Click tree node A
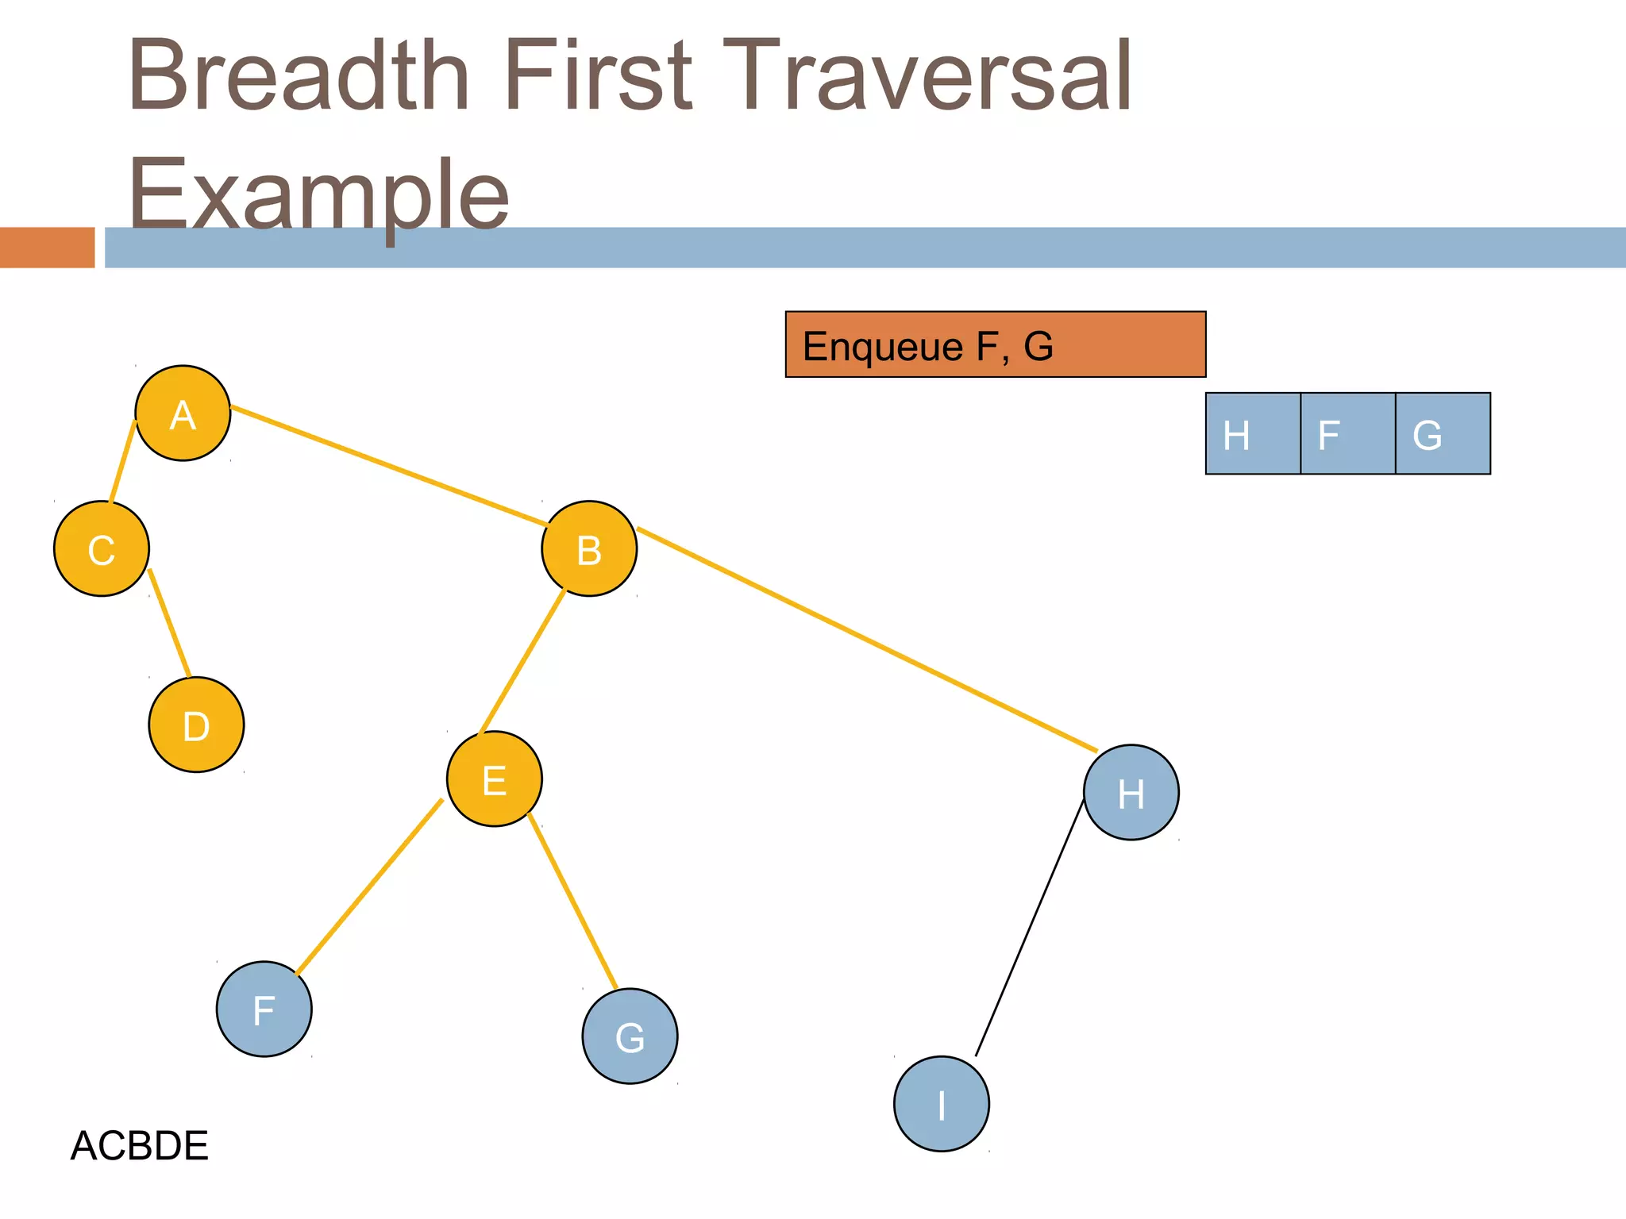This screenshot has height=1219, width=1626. point(183,413)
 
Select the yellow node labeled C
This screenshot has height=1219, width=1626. point(102,548)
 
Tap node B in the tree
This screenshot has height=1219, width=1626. point(589,548)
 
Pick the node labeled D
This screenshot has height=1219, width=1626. point(196,725)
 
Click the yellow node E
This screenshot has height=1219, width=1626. point(495,779)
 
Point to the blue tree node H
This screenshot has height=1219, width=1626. point(1131,792)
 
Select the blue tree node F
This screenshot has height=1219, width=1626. point(264,1009)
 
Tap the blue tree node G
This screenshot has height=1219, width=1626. point(630,1036)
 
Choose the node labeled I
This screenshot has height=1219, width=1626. point(942,1103)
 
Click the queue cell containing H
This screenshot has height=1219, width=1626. point(1253,433)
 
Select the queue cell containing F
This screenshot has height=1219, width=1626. point(1347,433)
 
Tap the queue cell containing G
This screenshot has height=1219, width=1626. point(1443,433)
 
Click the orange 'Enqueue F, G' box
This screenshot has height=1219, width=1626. point(996,344)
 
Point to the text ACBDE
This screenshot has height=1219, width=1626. point(140,1145)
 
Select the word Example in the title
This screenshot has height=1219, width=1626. point(318,194)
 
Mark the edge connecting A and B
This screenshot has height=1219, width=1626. point(389,466)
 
